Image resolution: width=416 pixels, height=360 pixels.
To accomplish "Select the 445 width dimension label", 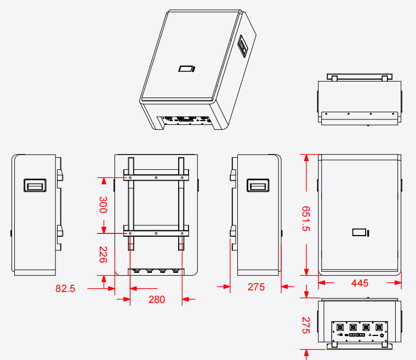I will click(x=360, y=283).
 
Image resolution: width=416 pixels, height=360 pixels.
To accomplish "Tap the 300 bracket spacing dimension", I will click(x=103, y=204).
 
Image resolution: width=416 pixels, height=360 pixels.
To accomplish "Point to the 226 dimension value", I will click(x=103, y=254).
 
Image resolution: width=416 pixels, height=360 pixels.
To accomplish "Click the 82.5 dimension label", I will click(x=65, y=288).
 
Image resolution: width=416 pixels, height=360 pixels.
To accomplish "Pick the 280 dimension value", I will click(x=156, y=299).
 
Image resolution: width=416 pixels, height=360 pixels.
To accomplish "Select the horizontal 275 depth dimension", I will click(x=256, y=287).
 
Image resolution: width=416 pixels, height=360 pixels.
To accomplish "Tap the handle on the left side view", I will click(x=35, y=185).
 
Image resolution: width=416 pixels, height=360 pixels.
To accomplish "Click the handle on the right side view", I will click(x=258, y=185).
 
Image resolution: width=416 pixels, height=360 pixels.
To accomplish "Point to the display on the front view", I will click(x=360, y=233).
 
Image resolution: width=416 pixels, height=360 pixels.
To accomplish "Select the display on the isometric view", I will click(x=186, y=69).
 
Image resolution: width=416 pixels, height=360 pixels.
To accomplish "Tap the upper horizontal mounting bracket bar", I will click(x=156, y=178).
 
